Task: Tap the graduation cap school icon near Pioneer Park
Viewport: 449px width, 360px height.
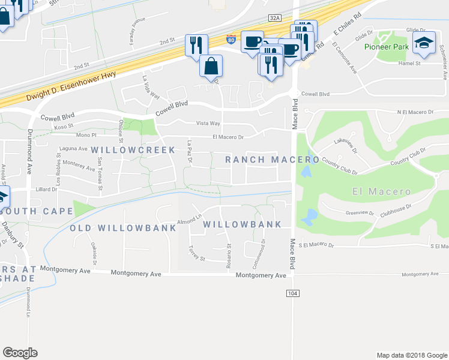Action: (x=424, y=43)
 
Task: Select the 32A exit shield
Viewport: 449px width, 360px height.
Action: (x=274, y=18)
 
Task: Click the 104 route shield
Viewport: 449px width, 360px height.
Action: (x=292, y=293)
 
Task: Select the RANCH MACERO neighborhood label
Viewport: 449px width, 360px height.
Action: (x=272, y=159)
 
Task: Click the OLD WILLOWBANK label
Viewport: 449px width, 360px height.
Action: (x=124, y=228)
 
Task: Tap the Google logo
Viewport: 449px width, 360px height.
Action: (x=20, y=353)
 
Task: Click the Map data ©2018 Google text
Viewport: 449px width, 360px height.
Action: (x=411, y=355)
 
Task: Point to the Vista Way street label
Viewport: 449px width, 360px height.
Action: (x=208, y=123)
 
